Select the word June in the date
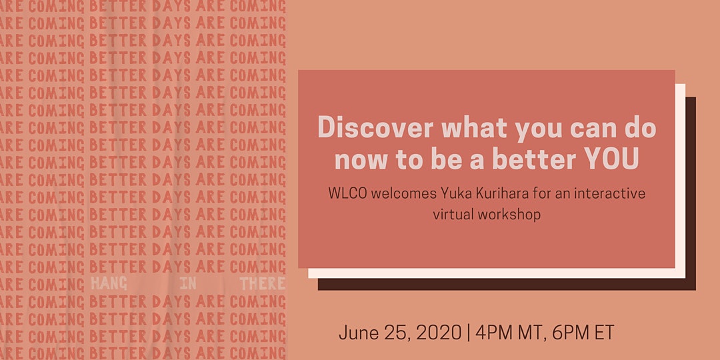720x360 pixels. pyautogui.click(x=355, y=333)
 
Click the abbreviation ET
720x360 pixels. pyautogui.click(x=604, y=333)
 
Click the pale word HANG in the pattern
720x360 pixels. pyautogui.click(x=109, y=283)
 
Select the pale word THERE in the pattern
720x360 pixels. pyautogui.click(x=262, y=283)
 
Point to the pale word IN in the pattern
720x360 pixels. pyautogui.click(x=188, y=283)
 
